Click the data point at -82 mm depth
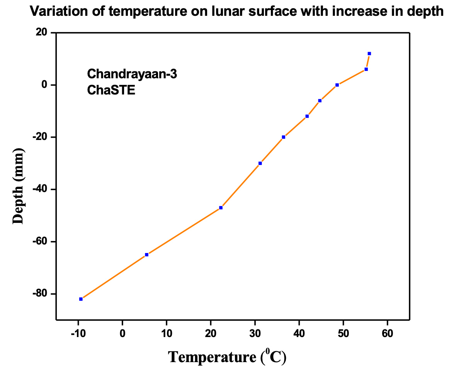pyautogui.click(x=81, y=299)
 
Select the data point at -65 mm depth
pyautogui.click(x=146, y=255)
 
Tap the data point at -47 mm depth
pyautogui.click(x=221, y=208)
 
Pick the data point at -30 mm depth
pyautogui.click(x=260, y=163)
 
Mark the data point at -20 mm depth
pyautogui.click(x=283, y=137)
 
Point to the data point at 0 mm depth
pyautogui.click(x=337, y=85)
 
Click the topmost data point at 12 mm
pyautogui.click(x=369, y=54)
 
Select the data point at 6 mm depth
pyautogui.click(x=366, y=69)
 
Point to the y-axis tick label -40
pyautogui.click(x=39, y=189)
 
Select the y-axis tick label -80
pyautogui.click(x=39, y=294)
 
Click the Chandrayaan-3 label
pyautogui.click(x=132, y=74)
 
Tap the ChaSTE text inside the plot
pyautogui.click(x=111, y=91)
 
